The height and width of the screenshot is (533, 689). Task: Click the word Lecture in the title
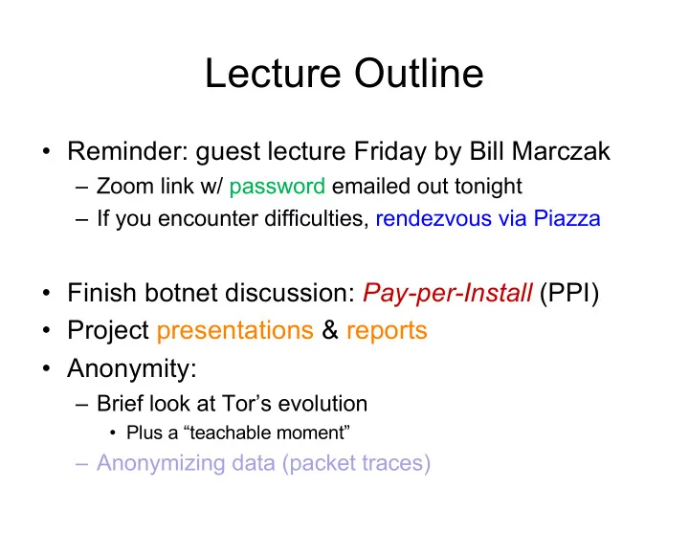(x=273, y=73)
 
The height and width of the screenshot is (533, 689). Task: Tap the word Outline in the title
(x=419, y=73)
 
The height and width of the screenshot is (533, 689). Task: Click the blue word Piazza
(x=567, y=218)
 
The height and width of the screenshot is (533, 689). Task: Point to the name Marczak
(x=561, y=151)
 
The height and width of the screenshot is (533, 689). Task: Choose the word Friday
(x=390, y=152)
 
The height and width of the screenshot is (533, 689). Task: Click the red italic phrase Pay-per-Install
(x=447, y=293)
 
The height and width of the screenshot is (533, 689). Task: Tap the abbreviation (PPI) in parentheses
(x=569, y=293)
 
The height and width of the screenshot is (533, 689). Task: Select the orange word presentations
(x=235, y=331)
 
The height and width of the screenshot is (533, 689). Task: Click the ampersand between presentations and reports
(x=330, y=330)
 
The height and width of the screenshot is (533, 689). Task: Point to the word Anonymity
(x=132, y=369)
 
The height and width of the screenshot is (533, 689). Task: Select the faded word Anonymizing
(x=161, y=463)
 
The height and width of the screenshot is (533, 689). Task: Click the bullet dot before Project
(x=47, y=330)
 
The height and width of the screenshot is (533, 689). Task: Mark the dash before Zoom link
(x=82, y=188)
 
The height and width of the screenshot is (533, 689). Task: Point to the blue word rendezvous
(x=433, y=219)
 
